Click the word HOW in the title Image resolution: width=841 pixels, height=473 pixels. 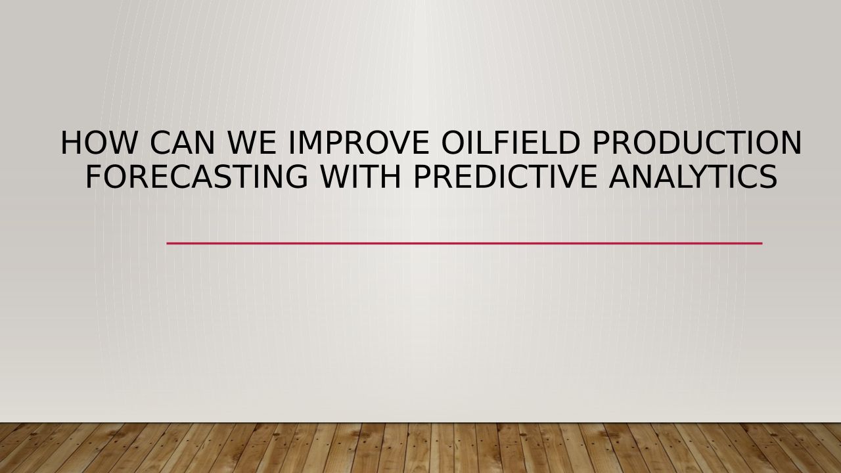point(98,143)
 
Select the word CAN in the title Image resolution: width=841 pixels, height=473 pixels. point(182,143)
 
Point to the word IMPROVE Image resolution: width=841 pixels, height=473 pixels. point(359,143)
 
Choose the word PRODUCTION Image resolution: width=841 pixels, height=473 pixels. point(696,143)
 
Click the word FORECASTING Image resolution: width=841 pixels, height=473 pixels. point(197,177)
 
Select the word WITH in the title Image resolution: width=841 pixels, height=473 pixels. point(361,177)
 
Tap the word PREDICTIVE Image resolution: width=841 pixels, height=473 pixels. point(505,177)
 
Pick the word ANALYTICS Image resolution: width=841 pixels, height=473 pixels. point(693,177)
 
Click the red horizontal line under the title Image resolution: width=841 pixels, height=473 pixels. point(465,243)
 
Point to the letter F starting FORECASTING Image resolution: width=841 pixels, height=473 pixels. point(94,177)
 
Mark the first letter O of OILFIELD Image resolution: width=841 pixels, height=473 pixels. point(453,143)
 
